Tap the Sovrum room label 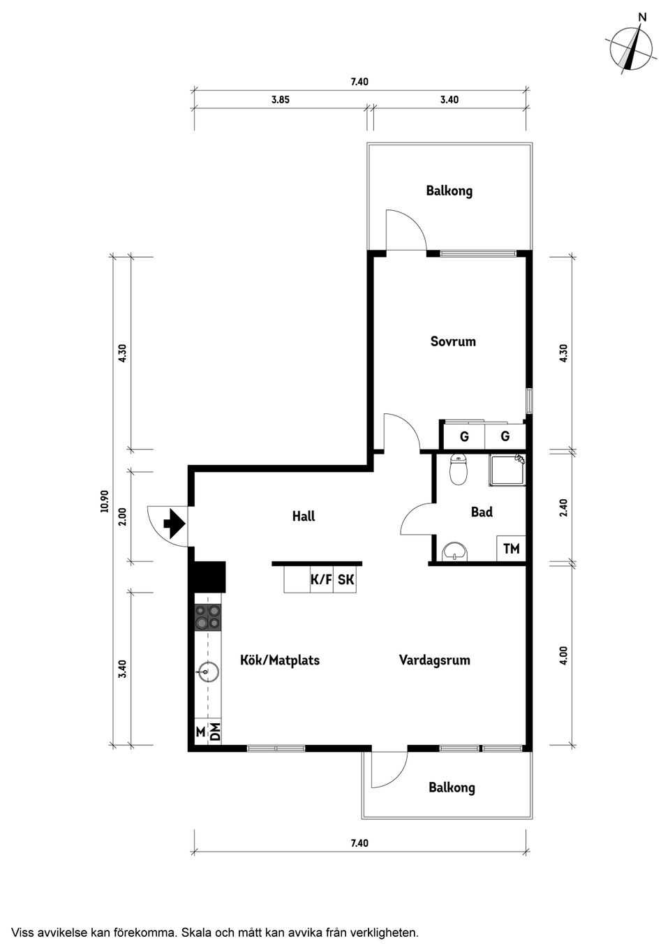(453, 341)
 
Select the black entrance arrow (174, 524)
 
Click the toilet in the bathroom (459, 469)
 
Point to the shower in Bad (507, 470)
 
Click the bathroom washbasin (455, 552)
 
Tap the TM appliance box (511, 549)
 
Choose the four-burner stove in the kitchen (208, 616)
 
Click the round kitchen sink (208, 672)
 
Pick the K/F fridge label (321, 579)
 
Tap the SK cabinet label (345, 579)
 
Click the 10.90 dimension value (105, 501)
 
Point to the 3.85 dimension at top (280, 100)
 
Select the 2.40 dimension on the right (563, 508)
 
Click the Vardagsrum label (434, 660)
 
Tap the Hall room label (304, 517)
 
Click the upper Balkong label (449, 191)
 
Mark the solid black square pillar (209, 577)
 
